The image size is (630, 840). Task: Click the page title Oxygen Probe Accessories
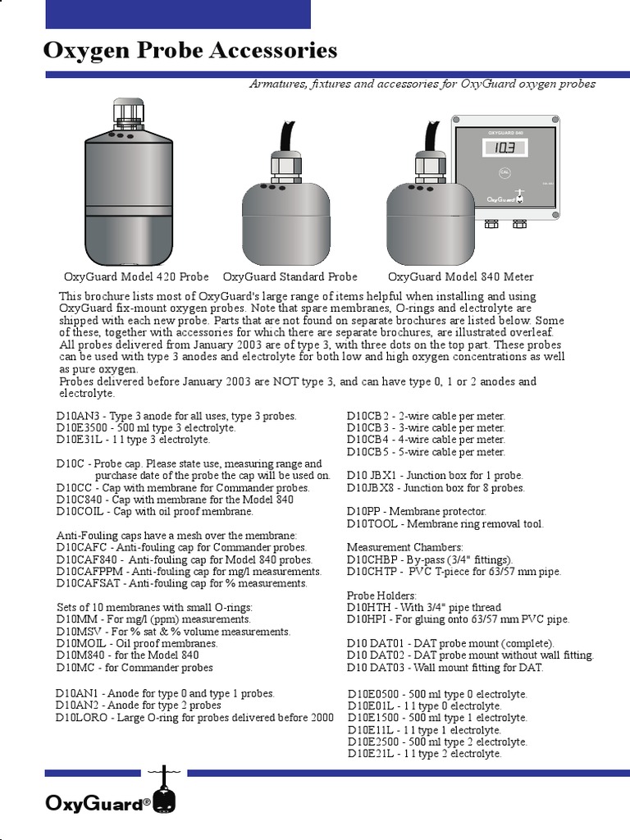[189, 51]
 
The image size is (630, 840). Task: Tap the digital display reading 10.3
[504, 148]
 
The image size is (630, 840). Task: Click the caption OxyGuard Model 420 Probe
[136, 276]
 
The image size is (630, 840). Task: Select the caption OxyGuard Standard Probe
[290, 276]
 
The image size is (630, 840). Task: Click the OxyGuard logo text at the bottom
[97, 804]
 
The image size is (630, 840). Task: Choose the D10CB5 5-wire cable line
[426, 452]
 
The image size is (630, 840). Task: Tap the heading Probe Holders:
[381, 595]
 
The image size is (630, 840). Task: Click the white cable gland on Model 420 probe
[127, 112]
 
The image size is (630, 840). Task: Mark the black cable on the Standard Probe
[287, 135]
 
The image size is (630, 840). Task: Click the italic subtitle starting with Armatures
[422, 84]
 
